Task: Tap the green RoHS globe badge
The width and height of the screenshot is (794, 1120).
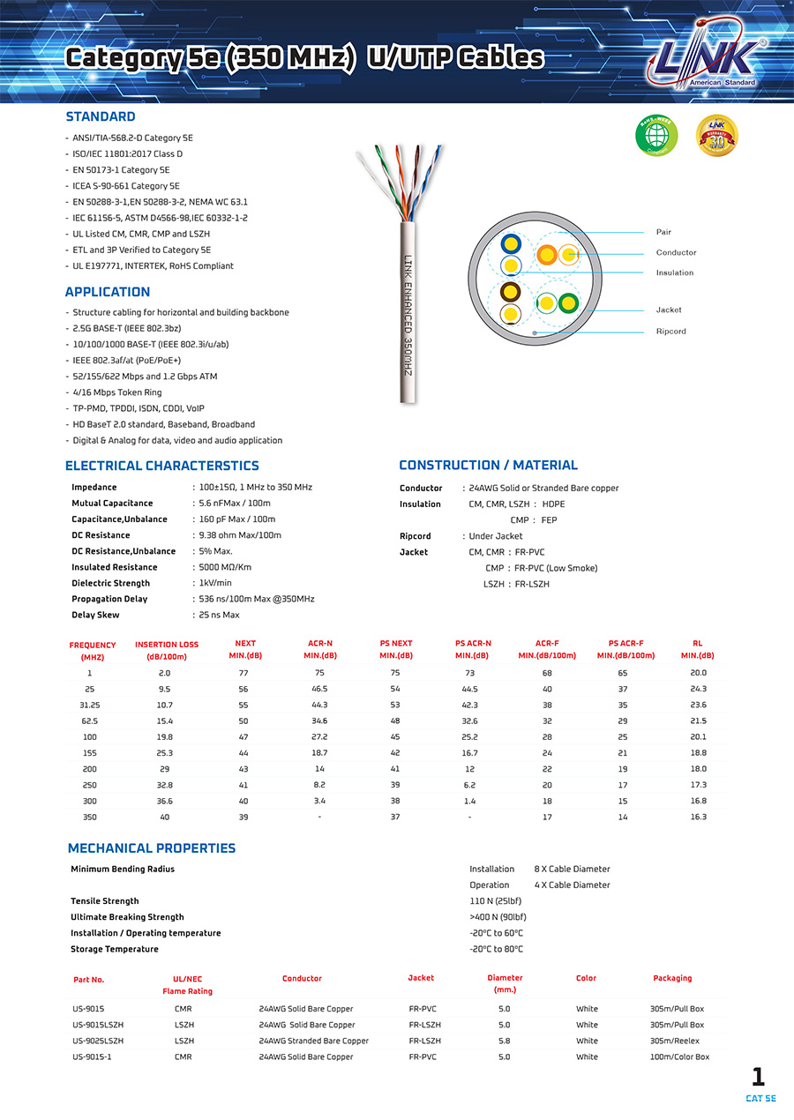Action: click(656, 135)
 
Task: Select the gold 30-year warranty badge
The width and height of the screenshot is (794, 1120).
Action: click(716, 135)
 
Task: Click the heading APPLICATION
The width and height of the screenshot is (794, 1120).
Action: click(108, 292)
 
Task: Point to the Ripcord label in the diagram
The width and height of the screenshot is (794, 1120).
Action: click(670, 332)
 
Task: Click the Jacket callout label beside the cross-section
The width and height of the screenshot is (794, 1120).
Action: click(669, 310)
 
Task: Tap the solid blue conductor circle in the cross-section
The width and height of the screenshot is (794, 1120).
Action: click(511, 244)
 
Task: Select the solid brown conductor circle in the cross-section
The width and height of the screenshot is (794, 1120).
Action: click(511, 292)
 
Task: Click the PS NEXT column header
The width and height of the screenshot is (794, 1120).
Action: click(395, 649)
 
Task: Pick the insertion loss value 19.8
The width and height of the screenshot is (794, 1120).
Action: click(165, 736)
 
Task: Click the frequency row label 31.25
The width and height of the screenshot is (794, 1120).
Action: click(89, 705)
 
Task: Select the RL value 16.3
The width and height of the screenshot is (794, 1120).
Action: click(698, 817)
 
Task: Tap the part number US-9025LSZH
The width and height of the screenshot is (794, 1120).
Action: click(98, 1041)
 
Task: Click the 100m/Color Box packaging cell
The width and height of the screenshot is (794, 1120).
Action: click(679, 1057)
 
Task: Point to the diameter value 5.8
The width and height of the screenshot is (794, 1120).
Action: click(504, 1041)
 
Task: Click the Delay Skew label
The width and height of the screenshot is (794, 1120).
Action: click(94, 615)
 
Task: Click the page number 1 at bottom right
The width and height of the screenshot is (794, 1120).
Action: click(758, 1077)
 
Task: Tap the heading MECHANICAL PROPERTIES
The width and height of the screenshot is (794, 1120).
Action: click(152, 848)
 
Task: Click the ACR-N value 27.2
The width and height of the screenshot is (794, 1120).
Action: click(319, 736)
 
